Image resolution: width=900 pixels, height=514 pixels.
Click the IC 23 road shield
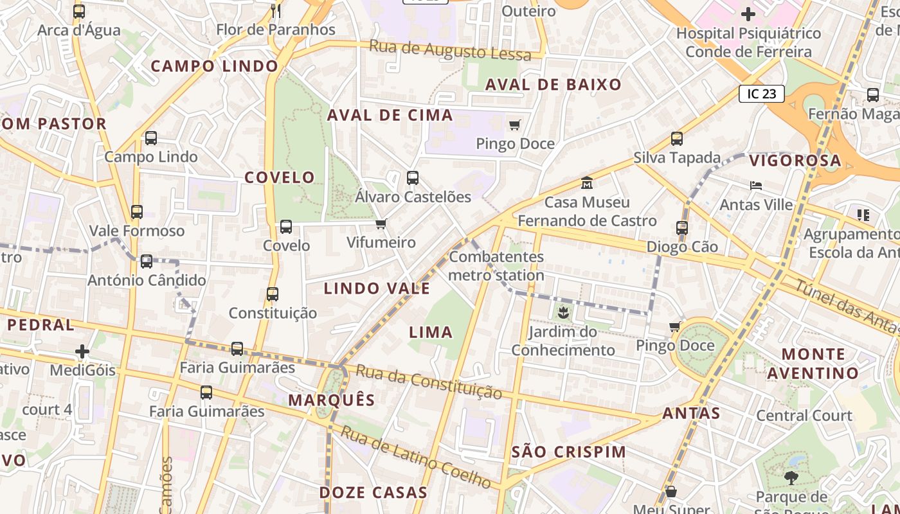click(762, 94)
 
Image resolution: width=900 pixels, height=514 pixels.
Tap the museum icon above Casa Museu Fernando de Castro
click(586, 183)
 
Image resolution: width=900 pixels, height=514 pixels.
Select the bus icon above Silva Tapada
click(676, 138)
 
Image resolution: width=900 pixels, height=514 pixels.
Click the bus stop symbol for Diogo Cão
click(682, 227)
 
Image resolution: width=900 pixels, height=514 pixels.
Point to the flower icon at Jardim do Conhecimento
click(563, 313)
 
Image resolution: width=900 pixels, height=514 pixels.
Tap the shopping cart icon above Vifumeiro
click(381, 224)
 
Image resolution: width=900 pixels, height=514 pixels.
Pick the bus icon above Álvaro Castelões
click(413, 178)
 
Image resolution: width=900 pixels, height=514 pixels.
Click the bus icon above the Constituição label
click(273, 294)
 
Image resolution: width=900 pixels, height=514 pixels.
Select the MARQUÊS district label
click(331, 400)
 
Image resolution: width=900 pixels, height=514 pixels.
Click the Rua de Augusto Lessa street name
click(451, 50)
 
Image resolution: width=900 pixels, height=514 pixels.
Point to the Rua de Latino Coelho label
click(415, 456)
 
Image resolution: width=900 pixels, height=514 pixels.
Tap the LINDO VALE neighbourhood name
click(377, 288)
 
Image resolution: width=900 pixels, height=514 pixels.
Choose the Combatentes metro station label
click(496, 266)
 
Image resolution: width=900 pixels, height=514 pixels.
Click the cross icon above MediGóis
click(82, 351)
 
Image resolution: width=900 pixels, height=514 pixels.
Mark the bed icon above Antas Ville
click(756, 186)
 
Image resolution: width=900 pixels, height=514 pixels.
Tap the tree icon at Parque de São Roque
click(791, 477)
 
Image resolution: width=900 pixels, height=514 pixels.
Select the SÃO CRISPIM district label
click(569, 452)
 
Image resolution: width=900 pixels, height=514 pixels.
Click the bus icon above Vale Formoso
click(136, 211)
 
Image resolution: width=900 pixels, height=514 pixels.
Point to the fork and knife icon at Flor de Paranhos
click(276, 10)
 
